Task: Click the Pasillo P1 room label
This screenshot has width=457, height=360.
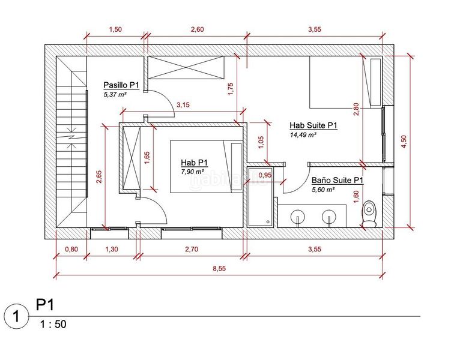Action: [x=121, y=85]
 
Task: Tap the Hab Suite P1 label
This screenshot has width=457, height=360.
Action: [x=313, y=125]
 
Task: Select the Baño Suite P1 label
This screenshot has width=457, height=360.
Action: [x=337, y=180]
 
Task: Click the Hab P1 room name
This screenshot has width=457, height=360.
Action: [x=194, y=162]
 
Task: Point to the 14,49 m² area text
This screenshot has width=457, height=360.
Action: [x=303, y=135]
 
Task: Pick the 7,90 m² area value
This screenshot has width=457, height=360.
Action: [x=192, y=172]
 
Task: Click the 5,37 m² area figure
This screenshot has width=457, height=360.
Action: [x=115, y=94]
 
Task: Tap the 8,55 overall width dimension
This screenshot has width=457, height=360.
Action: [x=219, y=269]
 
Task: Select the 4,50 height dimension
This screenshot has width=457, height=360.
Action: [x=404, y=142]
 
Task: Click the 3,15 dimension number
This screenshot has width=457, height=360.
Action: [x=183, y=105]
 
